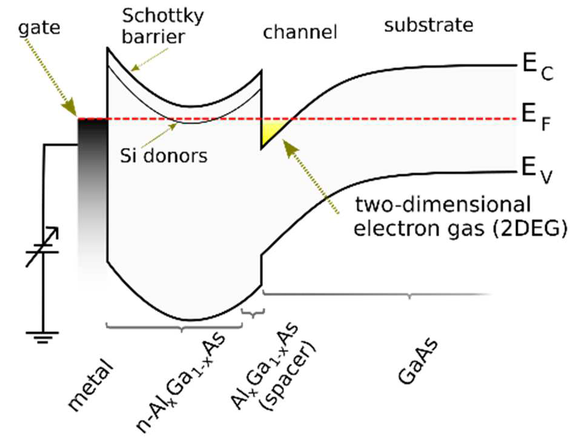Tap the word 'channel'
click(300, 32)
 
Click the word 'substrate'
click(428, 25)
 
